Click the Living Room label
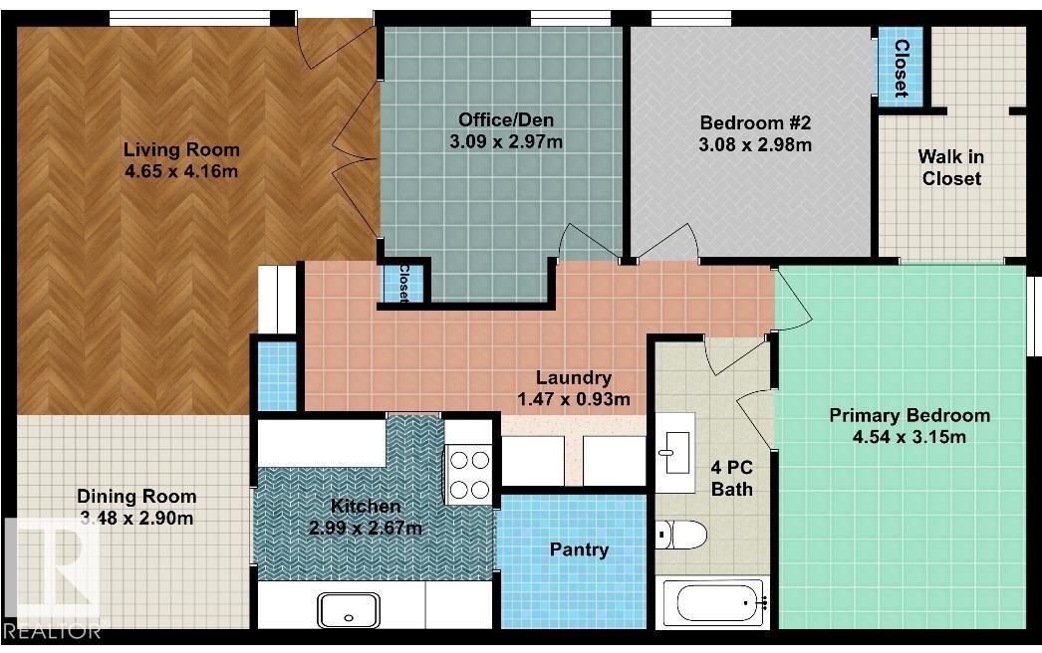[x=181, y=150]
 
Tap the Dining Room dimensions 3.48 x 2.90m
[x=136, y=518]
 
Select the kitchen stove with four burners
[x=468, y=475]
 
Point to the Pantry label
[x=579, y=549]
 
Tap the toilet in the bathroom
[x=682, y=535]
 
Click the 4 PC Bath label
[x=731, y=478]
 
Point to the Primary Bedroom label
[x=910, y=415]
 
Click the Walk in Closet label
[x=951, y=167]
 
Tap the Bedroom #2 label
[x=756, y=123]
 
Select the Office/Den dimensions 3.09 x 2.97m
[x=506, y=141]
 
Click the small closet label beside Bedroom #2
[x=901, y=68]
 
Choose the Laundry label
[x=573, y=377]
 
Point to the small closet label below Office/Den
[x=404, y=283]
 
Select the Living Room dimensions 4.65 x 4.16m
[x=181, y=171]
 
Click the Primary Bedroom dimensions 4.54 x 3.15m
[x=910, y=436]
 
